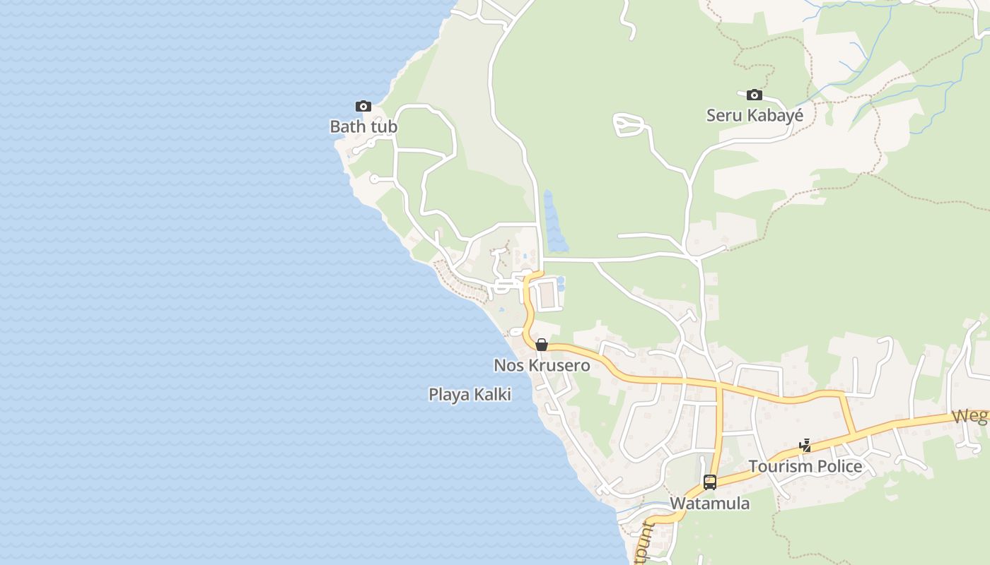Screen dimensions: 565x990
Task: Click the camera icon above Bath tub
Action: [x=363, y=107]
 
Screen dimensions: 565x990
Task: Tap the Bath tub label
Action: [x=363, y=127]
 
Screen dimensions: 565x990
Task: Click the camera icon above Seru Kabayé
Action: [x=755, y=95]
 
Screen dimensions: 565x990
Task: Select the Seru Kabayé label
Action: [x=755, y=115]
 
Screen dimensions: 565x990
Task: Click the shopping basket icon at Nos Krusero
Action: [x=542, y=345]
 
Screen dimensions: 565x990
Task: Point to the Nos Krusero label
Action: [x=542, y=366]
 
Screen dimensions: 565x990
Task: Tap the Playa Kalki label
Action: [x=470, y=395]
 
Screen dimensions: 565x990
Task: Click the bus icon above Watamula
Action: [x=710, y=482]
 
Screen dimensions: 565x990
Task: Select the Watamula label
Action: [x=709, y=504]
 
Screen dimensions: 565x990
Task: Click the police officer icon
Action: [x=805, y=446]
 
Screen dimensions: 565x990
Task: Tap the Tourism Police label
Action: [x=805, y=466]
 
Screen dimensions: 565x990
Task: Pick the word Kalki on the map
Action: [x=493, y=395]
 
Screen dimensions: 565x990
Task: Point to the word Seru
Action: [x=723, y=115]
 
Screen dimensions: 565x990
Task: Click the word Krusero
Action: [x=559, y=366]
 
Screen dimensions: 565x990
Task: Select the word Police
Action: [x=839, y=466]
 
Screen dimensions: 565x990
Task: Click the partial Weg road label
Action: [x=970, y=416]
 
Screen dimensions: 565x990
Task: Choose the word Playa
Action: [x=449, y=395]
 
